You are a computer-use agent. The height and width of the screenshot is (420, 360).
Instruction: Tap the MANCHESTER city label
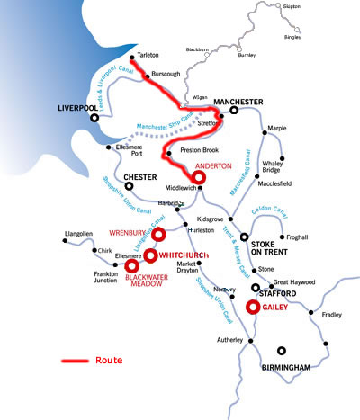(x=239, y=102)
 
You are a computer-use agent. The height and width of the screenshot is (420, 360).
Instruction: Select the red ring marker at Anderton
(x=199, y=178)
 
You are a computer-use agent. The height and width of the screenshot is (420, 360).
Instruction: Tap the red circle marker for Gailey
(x=253, y=307)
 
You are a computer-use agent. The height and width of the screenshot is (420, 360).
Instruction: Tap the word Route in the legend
(x=108, y=361)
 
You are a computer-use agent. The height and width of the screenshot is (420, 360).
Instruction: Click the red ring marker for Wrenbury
(x=158, y=235)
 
